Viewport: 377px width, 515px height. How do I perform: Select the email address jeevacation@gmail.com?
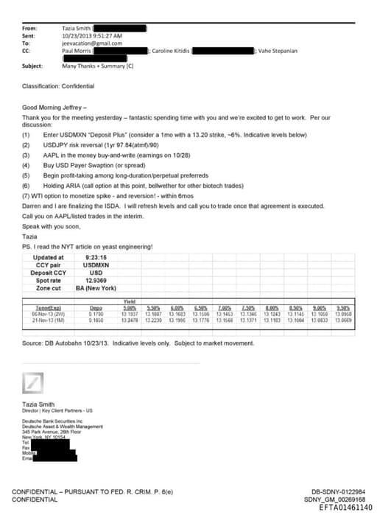(x=92, y=43)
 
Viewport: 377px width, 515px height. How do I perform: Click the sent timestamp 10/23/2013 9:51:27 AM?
(x=93, y=35)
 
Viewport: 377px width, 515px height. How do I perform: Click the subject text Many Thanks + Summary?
(x=97, y=66)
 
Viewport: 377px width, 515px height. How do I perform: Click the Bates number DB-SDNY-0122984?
(x=338, y=491)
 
